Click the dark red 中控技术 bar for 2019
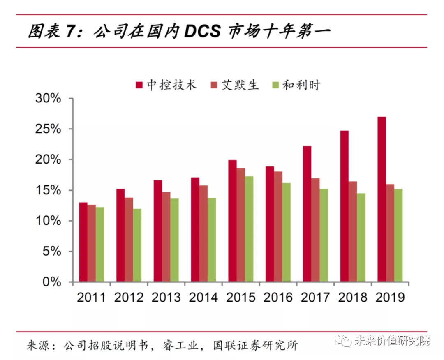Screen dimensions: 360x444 pyautogui.click(x=382, y=199)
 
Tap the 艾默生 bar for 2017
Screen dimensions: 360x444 pyautogui.click(x=315, y=230)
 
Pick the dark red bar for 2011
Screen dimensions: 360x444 pyautogui.click(x=83, y=242)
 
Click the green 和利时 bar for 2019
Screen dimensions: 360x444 pyautogui.click(x=398, y=235)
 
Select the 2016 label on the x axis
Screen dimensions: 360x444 pyautogui.click(x=278, y=298)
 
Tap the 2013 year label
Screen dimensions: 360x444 pyautogui.click(x=166, y=298)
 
